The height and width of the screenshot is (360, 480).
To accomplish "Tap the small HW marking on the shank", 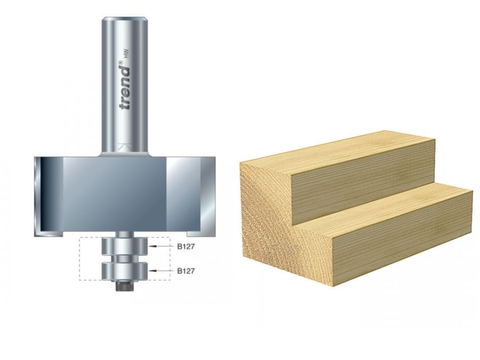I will tap(126, 55).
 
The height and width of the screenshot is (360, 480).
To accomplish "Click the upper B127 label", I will tap(185, 246).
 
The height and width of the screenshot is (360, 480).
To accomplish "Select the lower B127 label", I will tap(185, 271).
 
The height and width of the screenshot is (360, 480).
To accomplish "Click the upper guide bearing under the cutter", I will tap(124, 247).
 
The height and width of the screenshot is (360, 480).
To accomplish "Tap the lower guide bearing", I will tap(124, 270).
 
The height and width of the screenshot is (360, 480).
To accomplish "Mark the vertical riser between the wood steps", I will tap(363, 181).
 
